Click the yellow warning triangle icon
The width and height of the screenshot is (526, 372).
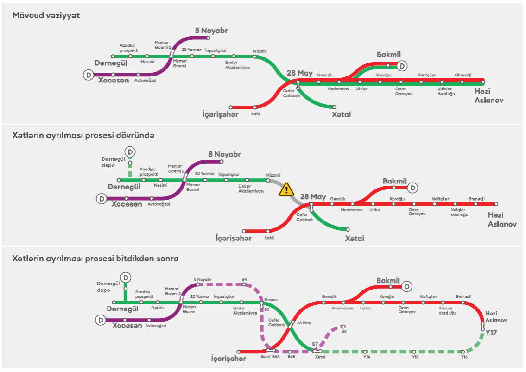(286, 189)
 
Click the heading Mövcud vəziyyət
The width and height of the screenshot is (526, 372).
(46, 15)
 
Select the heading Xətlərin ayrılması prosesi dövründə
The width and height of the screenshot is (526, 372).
(83, 135)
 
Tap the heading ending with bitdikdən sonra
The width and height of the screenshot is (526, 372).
(95, 259)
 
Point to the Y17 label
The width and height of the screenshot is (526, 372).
(491, 333)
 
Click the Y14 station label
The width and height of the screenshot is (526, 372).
(366, 357)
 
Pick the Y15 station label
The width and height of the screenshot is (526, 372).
(415, 357)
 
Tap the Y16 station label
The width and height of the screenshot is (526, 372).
(464, 357)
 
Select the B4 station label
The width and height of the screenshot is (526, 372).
(244, 279)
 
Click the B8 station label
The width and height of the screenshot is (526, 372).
(344, 331)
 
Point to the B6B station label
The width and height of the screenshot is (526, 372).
(291, 357)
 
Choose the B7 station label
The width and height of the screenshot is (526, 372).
(315, 344)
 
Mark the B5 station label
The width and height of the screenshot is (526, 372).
(266, 309)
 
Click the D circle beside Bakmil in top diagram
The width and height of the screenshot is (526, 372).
(402, 66)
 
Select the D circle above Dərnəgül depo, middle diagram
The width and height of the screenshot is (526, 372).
(130, 151)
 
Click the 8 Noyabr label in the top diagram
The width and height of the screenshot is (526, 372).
(211, 31)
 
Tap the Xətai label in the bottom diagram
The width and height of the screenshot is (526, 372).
(320, 357)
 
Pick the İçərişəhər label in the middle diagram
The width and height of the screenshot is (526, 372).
(234, 239)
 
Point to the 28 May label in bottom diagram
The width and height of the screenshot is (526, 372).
(304, 323)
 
